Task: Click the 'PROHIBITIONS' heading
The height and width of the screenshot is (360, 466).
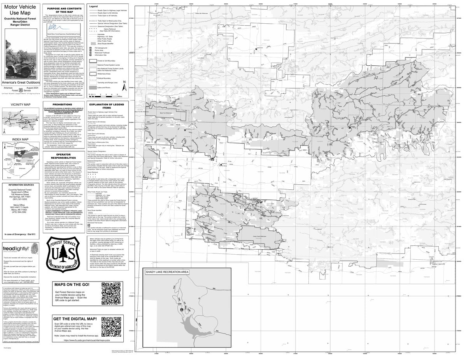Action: click(x=63, y=104)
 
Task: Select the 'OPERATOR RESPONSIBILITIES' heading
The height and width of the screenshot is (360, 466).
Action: click(x=63, y=167)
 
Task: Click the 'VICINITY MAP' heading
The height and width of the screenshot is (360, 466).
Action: click(x=21, y=105)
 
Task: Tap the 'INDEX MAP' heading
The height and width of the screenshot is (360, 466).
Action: click(x=20, y=139)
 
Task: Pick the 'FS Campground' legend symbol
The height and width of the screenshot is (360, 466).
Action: click(x=91, y=47)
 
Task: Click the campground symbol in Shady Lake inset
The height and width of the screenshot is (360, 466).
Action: click(x=182, y=309)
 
